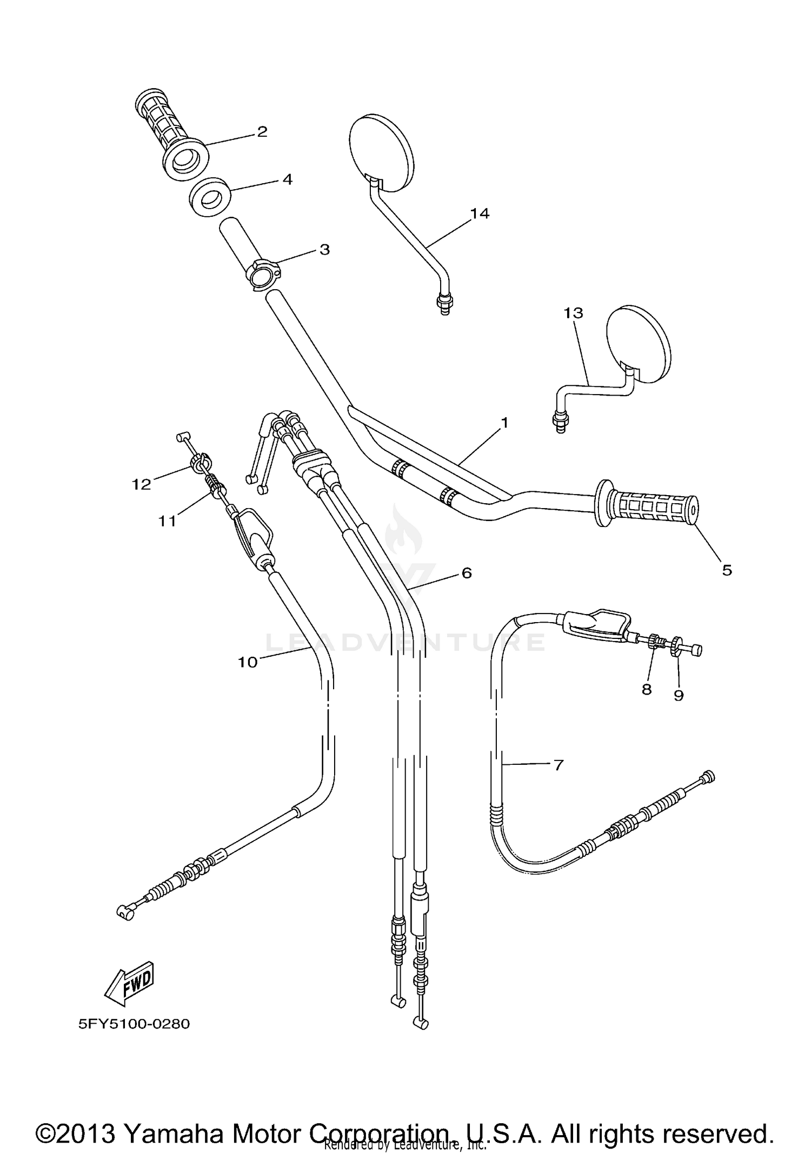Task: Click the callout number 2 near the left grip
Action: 262,131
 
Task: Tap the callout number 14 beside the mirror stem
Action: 479,214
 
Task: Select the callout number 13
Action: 574,312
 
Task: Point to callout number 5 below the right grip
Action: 727,570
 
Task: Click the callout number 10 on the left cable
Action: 248,662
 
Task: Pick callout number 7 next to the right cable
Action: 559,765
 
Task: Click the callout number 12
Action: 141,484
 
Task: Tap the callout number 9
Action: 679,696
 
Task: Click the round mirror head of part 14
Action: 382,153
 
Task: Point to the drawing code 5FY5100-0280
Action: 134,1024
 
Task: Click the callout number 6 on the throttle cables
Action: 466,572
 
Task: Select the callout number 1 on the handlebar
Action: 504,422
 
